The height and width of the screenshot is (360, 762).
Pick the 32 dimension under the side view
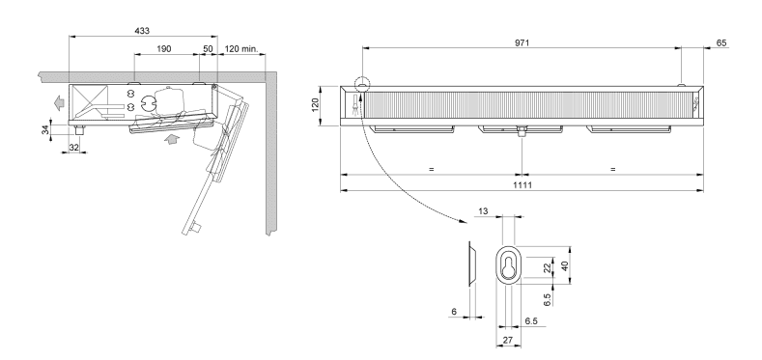click(73, 148)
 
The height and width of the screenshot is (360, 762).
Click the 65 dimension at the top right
click(722, 42)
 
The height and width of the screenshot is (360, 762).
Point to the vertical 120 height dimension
click(315, 104)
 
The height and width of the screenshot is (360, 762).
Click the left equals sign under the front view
click(431, 168)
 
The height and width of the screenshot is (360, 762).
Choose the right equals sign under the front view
click(612, 168)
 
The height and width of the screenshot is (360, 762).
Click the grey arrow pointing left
click(59, 99)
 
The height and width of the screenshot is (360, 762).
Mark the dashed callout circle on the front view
click(361, 85)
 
